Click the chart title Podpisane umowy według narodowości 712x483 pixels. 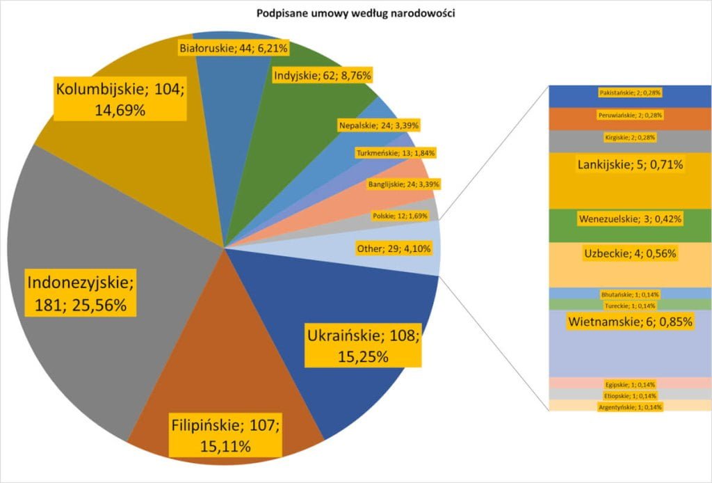355,13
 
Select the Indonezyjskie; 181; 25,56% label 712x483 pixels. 82,294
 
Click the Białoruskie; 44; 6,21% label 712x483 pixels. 233,49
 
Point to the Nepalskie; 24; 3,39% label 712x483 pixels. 378,126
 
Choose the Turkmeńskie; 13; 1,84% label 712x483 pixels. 395,152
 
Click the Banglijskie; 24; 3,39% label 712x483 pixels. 403,184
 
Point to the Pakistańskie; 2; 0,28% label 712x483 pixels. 630,93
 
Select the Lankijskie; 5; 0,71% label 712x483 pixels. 630,165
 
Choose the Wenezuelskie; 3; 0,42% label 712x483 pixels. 630,219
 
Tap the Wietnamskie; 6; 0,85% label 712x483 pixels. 630,322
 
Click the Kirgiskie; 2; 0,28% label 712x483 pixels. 630,138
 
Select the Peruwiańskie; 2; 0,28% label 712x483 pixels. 630,115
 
